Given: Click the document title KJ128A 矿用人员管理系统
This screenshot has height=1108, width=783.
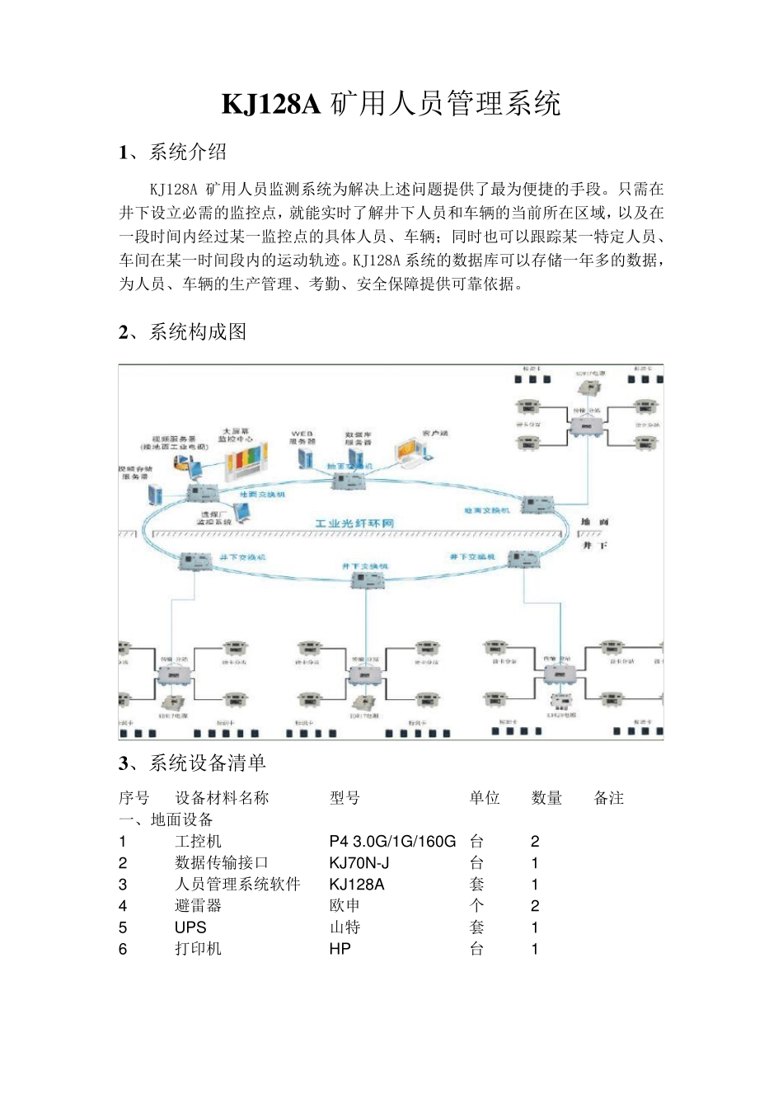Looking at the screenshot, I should click(x=391, y=104).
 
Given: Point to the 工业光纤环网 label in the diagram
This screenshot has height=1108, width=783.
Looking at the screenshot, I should click(x=354, y=523).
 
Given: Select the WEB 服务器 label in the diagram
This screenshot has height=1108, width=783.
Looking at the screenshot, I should click(x=302, y=437).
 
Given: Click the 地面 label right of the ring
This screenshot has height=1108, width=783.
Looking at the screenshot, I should click(x=594, y=522).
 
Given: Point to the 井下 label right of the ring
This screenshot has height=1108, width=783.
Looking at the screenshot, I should click(x=594, y=545).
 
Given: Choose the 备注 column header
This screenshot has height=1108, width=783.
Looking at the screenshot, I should click(x=608, y=798).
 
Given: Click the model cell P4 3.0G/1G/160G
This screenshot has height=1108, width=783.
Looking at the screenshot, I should click(x=392, y=842).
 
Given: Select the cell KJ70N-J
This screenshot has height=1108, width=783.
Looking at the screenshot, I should click(x=359, y=863).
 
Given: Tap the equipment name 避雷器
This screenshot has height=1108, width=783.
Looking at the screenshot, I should click(x=198, y=906).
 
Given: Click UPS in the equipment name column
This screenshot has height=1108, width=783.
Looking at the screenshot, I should click(x=190, y=927).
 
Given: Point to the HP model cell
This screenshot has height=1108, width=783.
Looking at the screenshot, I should click(x=340, y=949).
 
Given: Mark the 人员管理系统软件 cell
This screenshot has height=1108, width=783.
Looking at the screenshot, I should click(x=237, y=885).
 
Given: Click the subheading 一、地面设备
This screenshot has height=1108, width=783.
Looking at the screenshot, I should click(x=166, y=819).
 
